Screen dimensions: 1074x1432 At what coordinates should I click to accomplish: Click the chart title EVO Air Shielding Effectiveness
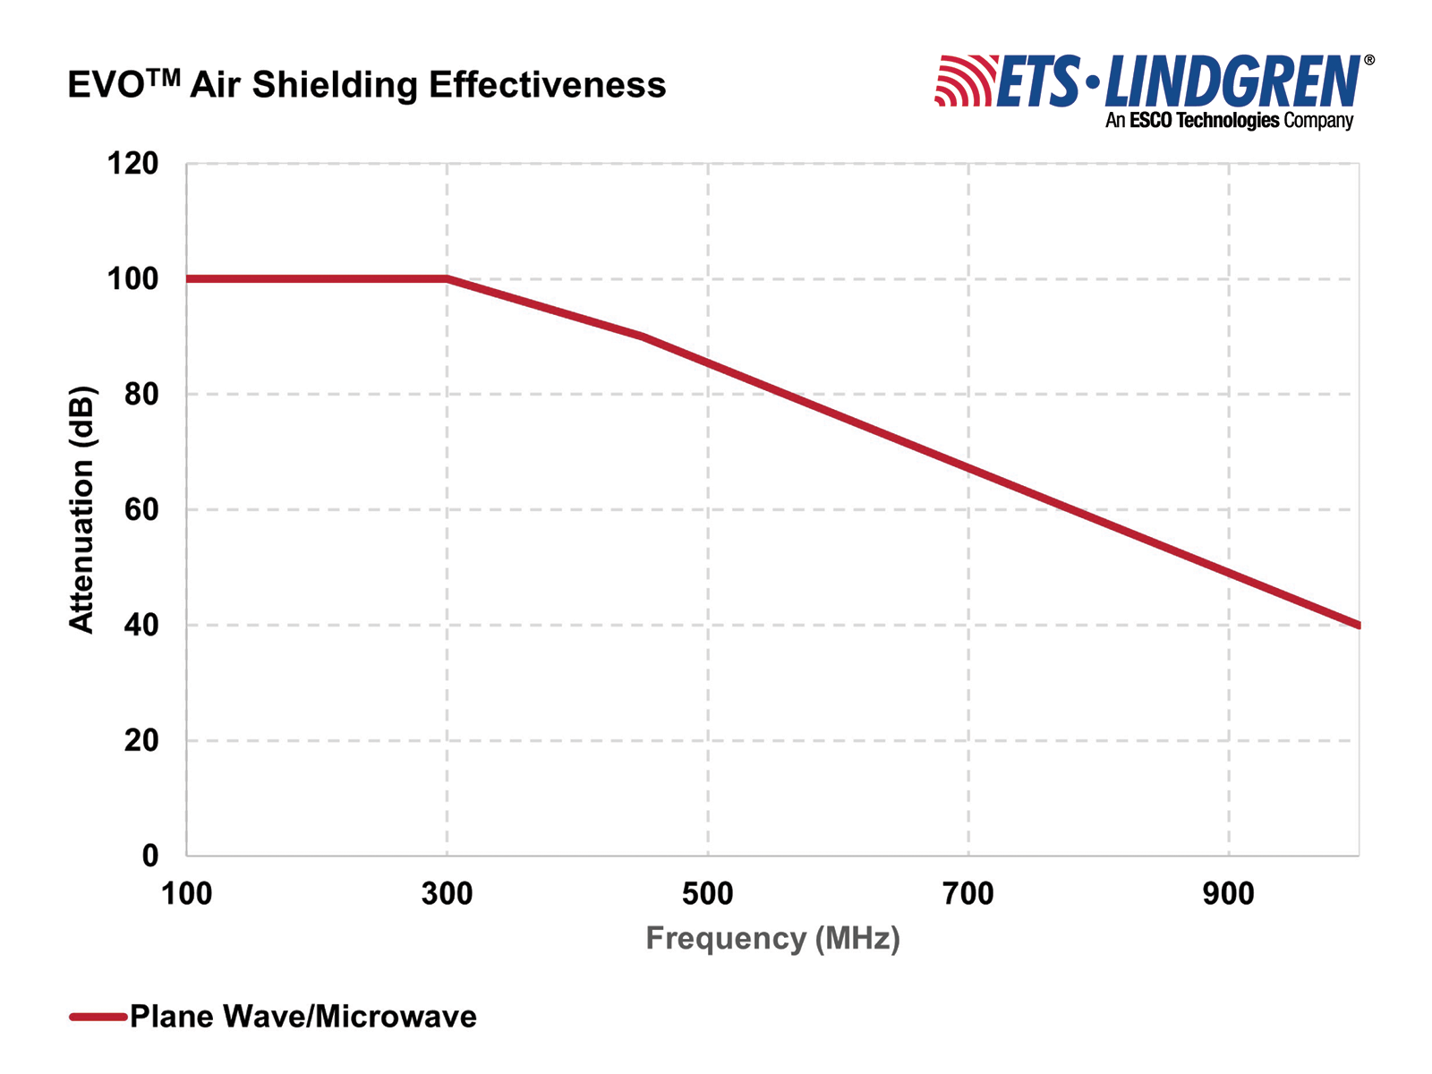tap(367, 85)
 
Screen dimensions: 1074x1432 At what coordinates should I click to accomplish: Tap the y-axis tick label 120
tap(132, 164)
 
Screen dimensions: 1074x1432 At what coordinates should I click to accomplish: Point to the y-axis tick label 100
tap(132, 279)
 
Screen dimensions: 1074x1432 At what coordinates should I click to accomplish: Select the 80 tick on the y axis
tap(141, 395)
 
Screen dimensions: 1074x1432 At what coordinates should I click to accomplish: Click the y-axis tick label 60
tap(141, 510)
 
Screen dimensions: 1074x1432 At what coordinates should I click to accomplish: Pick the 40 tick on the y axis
tap(141, 626)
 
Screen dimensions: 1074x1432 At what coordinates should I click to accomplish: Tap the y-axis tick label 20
tap(141, 741)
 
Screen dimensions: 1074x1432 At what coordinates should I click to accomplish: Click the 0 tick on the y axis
tap(149, 857)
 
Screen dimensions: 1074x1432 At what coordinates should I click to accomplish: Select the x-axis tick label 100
tap(186, 893)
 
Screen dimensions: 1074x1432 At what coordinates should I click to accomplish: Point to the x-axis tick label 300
tap(447, 893)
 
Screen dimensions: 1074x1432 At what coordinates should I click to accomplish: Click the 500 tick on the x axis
tap(707, 893)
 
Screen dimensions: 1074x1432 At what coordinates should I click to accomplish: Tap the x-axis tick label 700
tap(968, 893)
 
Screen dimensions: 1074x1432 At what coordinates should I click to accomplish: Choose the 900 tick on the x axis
tap(1229, 893)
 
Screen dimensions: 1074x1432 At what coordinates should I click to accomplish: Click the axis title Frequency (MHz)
tap(772, 938)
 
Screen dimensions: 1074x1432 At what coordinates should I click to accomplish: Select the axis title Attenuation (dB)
tap(81, 510)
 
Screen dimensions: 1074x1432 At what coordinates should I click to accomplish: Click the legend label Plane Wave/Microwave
tap(303, 1017)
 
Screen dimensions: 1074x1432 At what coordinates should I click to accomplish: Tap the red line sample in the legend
tap(98, 1017)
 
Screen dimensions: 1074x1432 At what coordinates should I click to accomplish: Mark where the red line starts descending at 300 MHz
tap(447, 279)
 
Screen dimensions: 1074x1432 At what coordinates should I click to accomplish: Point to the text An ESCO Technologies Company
tap(1229, 120)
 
